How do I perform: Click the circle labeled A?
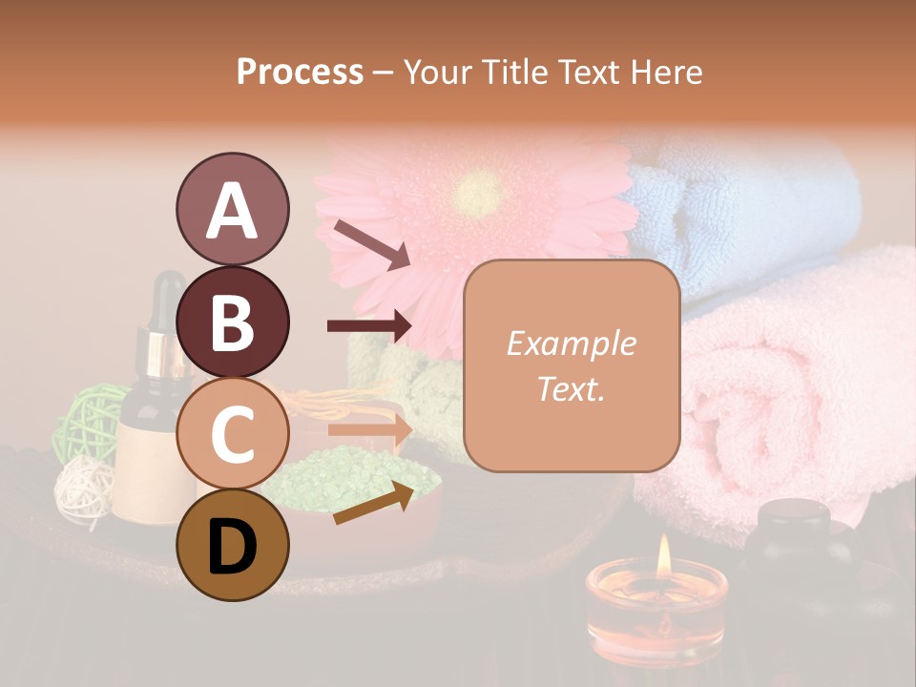coord(232,209)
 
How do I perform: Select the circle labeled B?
coord(232,322)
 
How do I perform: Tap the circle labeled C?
coord(232,432)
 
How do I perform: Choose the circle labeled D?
coord(232,545)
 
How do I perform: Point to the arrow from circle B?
coord(369,326)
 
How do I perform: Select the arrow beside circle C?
coord(369,429)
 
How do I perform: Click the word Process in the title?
coord(300,72)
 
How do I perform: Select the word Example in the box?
coord(571,343)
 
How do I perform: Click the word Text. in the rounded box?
coord(571,389)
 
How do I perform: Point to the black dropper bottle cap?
coord(169,296)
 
